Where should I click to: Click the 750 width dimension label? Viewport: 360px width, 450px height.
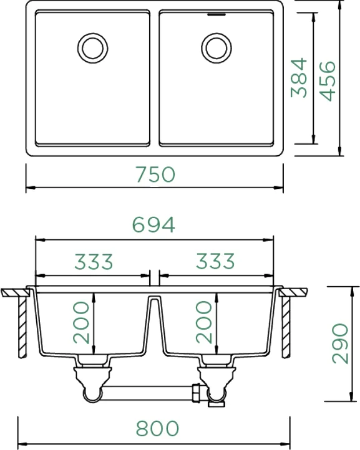155,174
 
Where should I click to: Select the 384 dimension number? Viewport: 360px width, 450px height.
299,78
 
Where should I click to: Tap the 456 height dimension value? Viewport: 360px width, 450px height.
328,81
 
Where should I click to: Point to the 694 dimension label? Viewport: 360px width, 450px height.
153,224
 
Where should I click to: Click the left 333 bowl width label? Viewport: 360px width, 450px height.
94,261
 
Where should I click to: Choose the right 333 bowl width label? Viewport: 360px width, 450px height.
215,261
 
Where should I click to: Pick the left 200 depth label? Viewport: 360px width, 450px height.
81,322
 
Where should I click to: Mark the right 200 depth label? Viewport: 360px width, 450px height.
203,322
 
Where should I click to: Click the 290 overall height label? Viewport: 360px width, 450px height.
340,343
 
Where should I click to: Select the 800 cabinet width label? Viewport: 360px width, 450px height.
157,428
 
